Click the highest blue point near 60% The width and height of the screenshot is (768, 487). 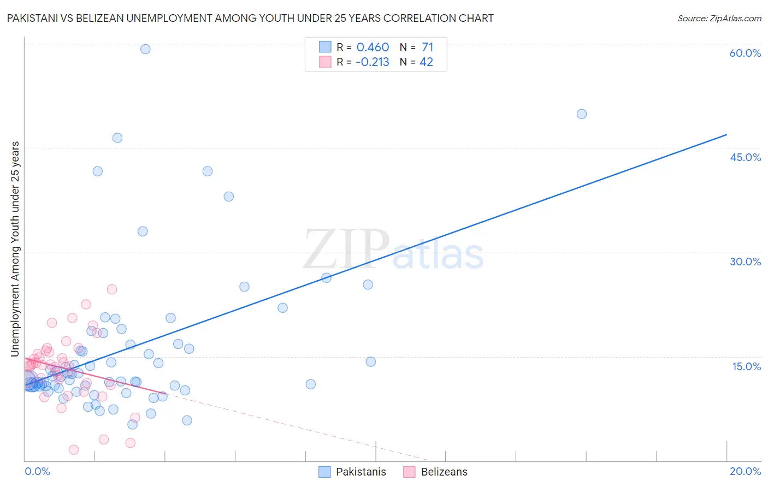coord(145,49)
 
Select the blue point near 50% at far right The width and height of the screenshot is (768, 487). coord(582,114)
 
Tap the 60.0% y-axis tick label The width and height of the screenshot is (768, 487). coord(745,53)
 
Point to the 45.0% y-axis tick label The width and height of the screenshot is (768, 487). coord(745,157)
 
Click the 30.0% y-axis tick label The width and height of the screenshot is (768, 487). coord(745,262)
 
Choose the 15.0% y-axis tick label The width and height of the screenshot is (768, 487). coord(746,366)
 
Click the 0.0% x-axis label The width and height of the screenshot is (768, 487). coord(37,471)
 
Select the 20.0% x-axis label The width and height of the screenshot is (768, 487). coord(745,471)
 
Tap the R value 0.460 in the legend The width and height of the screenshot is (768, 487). coord(373,47)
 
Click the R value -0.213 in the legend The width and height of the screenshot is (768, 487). coord(372,62)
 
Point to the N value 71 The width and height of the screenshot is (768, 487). coord(427,47)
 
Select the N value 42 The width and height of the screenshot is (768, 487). coord(426,62)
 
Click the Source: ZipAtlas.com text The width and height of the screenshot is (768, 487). coord(719,19)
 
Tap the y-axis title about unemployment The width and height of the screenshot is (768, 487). coord(15,249)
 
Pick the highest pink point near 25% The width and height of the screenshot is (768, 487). coord(112,289)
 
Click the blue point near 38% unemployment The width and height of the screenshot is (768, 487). coord(229,197)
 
